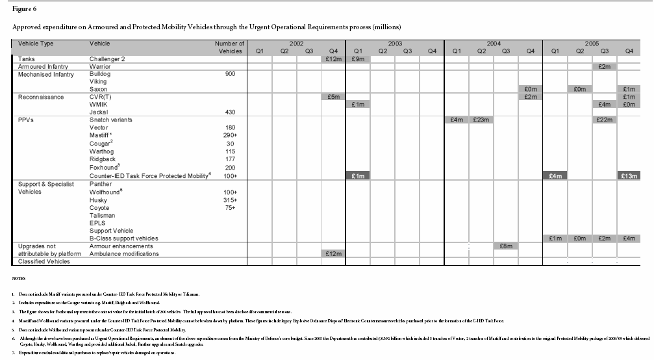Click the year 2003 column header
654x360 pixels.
(395, 43)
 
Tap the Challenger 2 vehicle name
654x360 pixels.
(107, 58)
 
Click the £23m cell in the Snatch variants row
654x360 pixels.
(481, 120)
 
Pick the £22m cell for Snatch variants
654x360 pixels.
(605, 120)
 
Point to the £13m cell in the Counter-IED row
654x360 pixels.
(629, 176)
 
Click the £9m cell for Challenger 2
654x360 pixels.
(358, 58)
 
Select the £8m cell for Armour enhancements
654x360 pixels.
(506, 246)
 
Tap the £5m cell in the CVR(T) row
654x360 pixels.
(333, 97)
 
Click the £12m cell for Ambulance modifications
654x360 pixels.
(333, 254)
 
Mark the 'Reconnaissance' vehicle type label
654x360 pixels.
(40, 97)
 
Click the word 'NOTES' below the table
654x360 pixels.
(19, 279)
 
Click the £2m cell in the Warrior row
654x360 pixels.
(605, 66)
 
